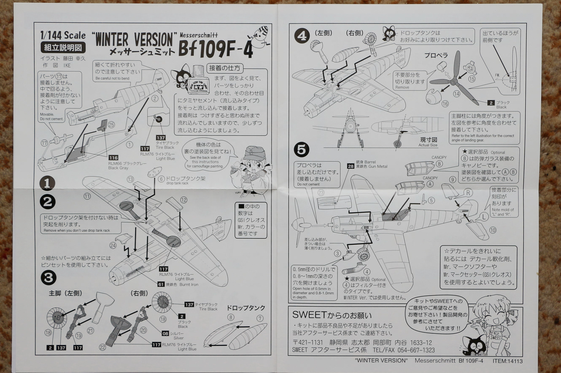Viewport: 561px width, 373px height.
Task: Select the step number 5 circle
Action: click(x=302, y=149)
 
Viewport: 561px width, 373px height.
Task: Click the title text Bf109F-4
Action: click(x=216, y=51)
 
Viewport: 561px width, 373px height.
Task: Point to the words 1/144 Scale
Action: click(x=63, y=36)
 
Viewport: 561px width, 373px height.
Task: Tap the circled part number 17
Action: click(x=44, y=143)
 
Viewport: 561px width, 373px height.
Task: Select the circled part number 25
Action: click(x=111, y=125)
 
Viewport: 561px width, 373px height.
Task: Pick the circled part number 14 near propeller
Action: click(x=456, y=93)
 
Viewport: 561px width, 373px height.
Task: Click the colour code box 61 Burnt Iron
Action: click(x=161, y=284)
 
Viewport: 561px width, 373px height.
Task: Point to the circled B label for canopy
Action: click(x=440, y=163)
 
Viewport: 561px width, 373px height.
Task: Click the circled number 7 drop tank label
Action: click(x=260, y=318)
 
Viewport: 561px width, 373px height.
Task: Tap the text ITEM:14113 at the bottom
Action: click(x=507, y=361)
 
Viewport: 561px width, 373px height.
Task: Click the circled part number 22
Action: click(x=102, y=347)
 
